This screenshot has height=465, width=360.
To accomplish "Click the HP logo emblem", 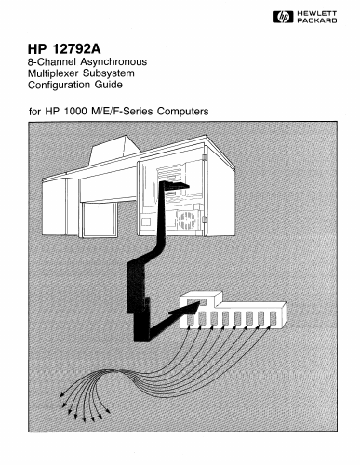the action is click(x=283, y=17).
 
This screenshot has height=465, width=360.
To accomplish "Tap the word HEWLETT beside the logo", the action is click(x=316, y=14).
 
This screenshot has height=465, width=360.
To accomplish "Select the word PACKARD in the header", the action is click(x=317, y=20).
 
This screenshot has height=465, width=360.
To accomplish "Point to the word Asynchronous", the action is click(x=113, y=62).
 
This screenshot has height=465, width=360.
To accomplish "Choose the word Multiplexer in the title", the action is click(x=53, y=73).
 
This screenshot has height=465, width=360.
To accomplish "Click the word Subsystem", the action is click(x=109, y=73).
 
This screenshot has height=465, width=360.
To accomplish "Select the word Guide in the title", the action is click(x=109, y=85).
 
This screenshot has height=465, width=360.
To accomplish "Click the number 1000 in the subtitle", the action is click(x=75, y=111).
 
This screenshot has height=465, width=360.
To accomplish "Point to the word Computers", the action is click(x=182, y=111).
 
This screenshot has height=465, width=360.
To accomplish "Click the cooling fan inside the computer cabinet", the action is click(x=186, y=220).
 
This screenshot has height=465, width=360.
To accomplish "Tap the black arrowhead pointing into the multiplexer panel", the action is click(x=185, y=309).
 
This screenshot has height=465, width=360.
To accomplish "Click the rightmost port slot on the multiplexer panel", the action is click(x=273, y=318).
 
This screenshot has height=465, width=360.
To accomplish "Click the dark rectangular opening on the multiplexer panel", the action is click(x=196, y=302).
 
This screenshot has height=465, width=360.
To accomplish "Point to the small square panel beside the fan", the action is click(x=146, y=221).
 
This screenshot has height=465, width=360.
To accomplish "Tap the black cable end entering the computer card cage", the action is click(x=174, y=185).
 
